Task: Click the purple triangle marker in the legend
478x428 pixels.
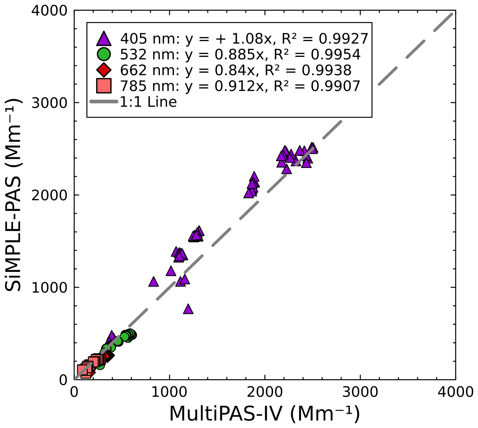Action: pos(104,39)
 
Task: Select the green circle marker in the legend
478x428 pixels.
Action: pos(104,54)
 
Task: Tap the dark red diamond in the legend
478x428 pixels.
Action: pos(104,70)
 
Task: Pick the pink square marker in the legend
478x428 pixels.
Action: pos(104,86)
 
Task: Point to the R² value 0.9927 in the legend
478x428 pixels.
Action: pos(343,39)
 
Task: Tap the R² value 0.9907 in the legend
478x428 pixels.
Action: pos(335,86)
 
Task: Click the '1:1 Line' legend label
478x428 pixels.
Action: pos(149,102)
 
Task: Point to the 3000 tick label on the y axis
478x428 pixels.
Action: pos(49,103)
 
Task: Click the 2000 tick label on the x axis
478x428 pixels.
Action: pos(265,392)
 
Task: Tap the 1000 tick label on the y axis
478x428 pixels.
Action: pos(49,287)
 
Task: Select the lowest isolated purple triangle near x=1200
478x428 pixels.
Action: pos(188,309)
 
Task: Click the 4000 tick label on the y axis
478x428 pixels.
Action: pos(49,11)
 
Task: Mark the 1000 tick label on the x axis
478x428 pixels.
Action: pos(170,392)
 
